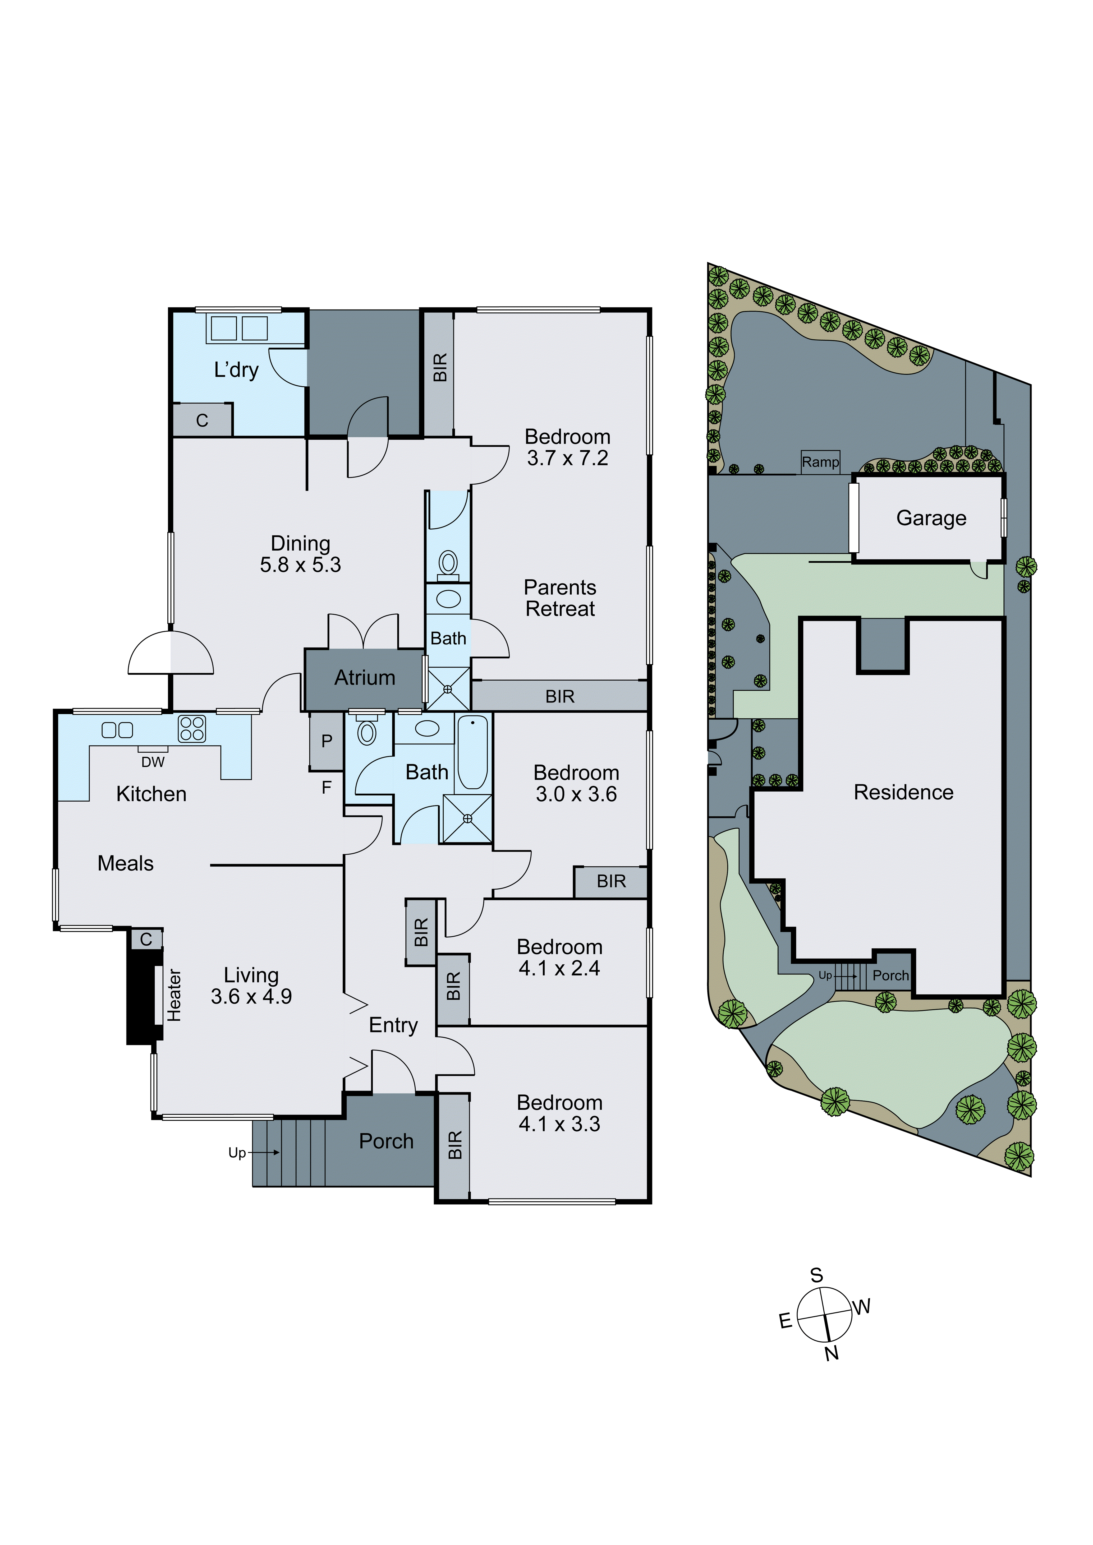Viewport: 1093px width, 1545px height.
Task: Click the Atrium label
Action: [365, 678]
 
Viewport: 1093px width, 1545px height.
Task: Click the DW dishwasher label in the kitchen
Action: [153, 762]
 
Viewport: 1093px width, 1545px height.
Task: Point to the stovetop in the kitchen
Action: [192, 729]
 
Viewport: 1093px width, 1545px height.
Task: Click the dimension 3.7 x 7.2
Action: [567, 458]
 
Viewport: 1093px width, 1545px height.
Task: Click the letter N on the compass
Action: [832, 1353]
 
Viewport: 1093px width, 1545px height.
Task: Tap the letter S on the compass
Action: [816, 1275]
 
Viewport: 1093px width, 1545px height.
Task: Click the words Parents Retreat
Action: [560, 598]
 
